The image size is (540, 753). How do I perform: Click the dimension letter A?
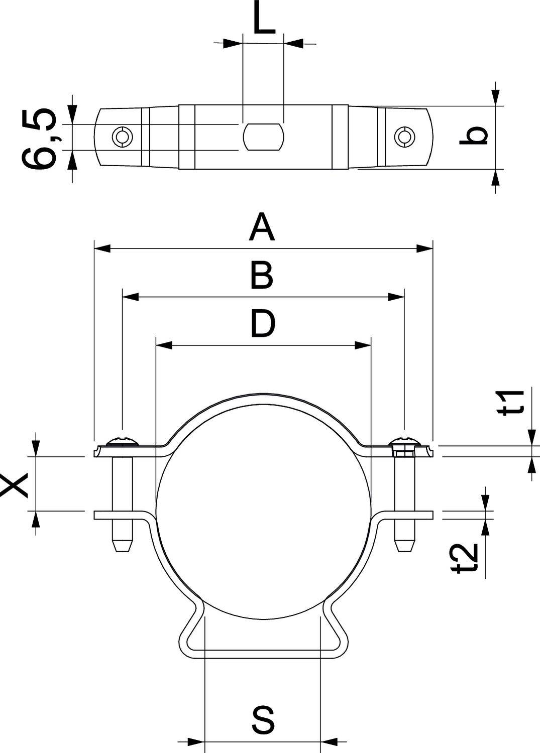(x=262, y=227)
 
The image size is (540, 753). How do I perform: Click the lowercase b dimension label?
(x=473, y=136)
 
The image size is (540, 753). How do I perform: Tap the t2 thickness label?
(x=463, y=557)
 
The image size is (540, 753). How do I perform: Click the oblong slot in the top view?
(x=264, y=136)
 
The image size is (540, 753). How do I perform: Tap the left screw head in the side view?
(x=122, y=441)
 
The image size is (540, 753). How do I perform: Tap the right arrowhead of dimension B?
(x=396, y=297)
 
